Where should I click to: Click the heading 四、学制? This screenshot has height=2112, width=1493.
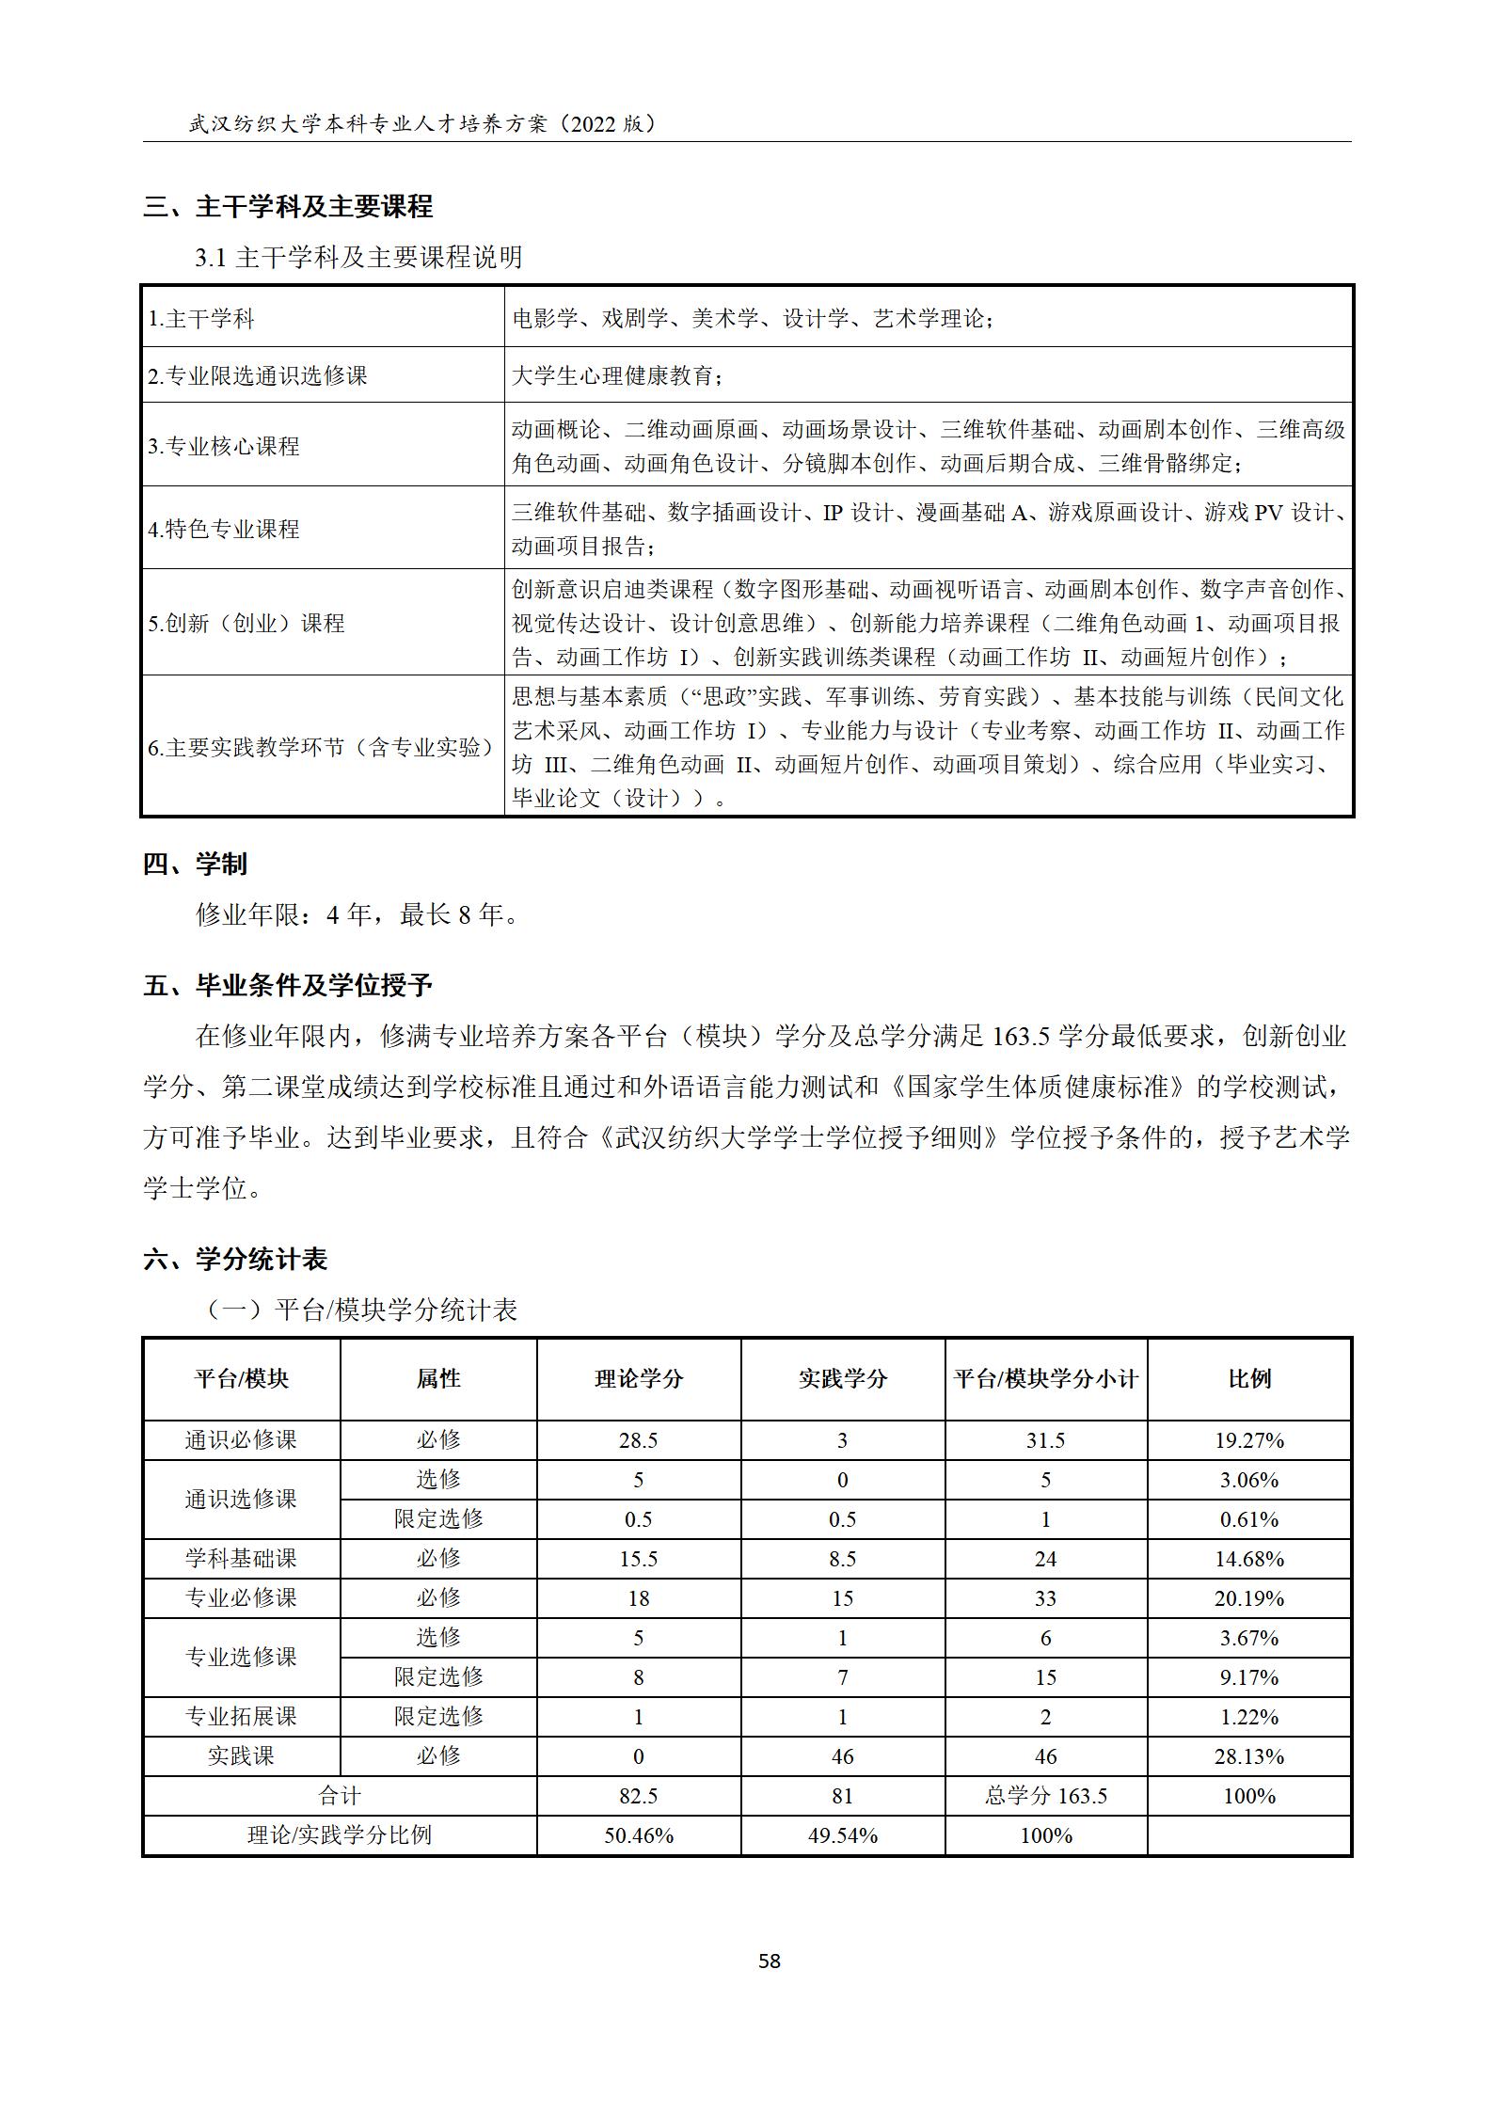pos(195,864)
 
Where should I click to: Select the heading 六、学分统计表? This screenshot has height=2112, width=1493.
pos(235,1259)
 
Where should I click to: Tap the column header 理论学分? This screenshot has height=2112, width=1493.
pos(638,1379)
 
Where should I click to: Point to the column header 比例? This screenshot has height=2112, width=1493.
pos(1249,1379)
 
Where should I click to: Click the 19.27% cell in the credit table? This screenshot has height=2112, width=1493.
pos(1249,1440)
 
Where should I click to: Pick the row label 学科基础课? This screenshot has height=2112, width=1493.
pos(241,1559)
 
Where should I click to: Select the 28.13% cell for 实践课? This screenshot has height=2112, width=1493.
pos(1249,1756)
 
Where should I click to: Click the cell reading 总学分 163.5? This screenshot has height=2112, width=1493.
pos(1045,1796)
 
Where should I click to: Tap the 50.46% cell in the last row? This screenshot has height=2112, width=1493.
pos(638,1835)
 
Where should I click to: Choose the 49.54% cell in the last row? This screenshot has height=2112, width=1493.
pos(842,1835)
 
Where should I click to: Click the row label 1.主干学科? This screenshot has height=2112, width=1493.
pos(201,319)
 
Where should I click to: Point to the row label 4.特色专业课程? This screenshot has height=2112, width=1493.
pos(224,529)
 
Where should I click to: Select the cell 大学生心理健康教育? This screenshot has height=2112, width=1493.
pos(617,375)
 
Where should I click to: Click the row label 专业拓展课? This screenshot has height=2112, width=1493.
pos(241,1717)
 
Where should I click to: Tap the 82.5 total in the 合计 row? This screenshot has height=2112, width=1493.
pos(638,1796)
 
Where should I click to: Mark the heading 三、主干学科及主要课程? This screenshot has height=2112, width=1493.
pos(288,206)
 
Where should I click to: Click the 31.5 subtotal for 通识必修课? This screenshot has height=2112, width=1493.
pos(1045,1440)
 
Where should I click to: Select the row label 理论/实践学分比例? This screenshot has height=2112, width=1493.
pos(339,1835)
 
